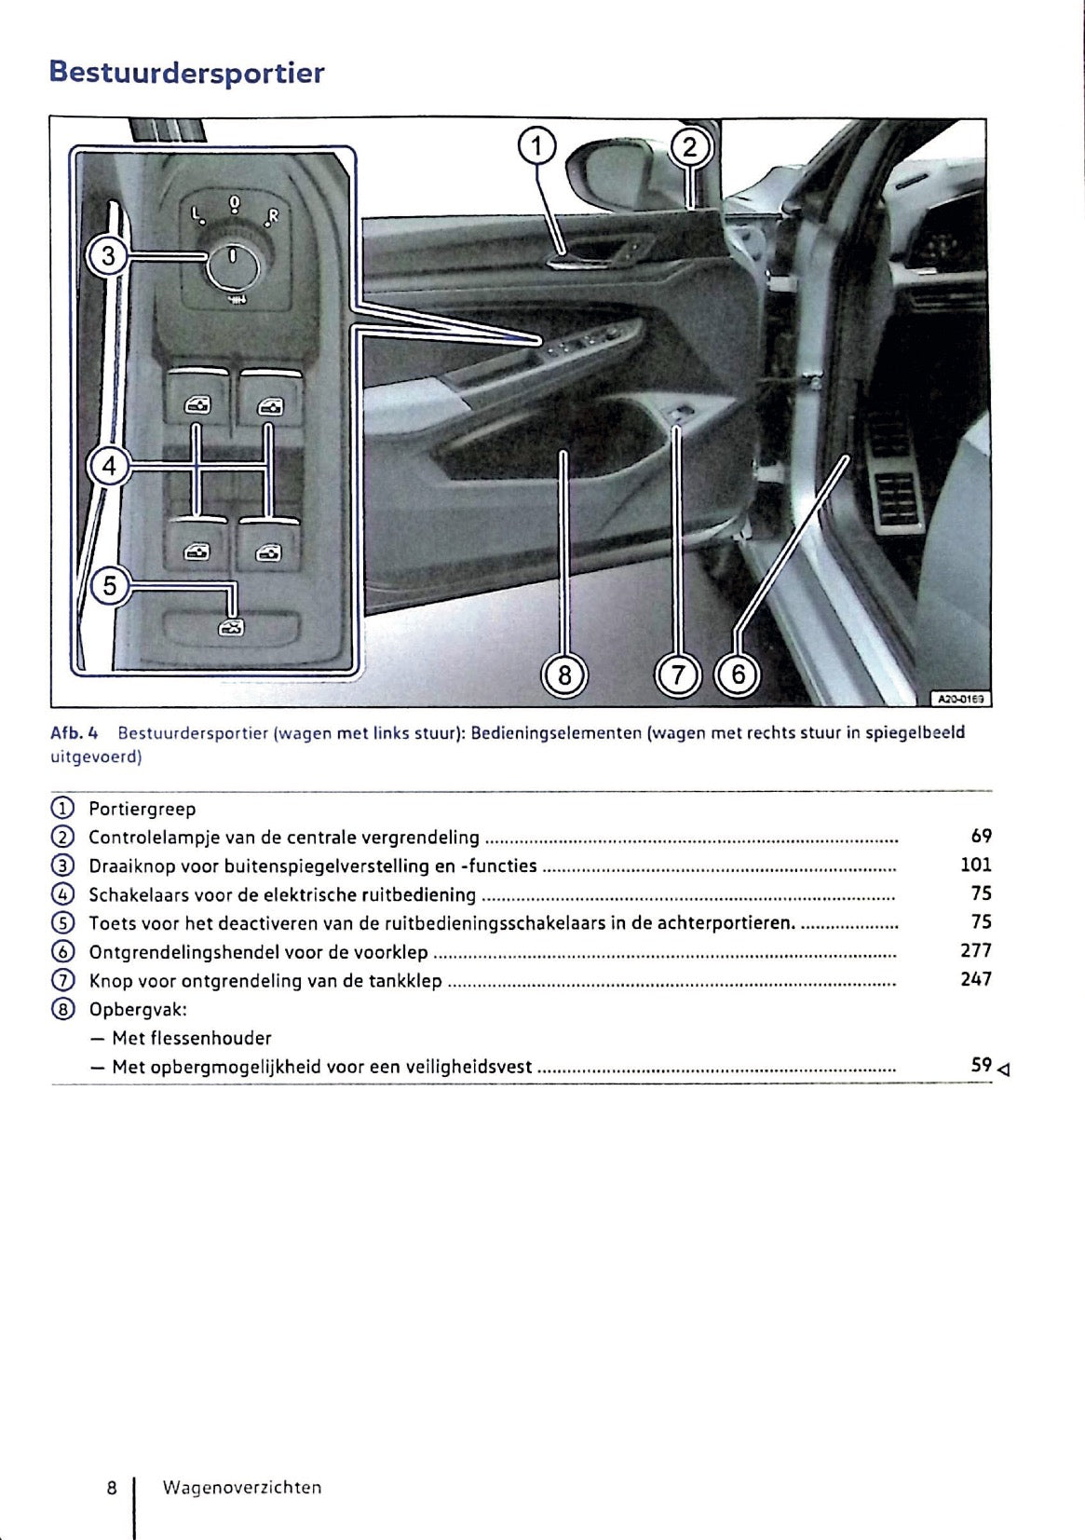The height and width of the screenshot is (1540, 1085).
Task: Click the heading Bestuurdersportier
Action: pyautogui.click(x=186, y=73)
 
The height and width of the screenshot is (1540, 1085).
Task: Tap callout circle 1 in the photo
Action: pyautogui.click(x=536, y=146)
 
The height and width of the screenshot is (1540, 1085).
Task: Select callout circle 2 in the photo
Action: pyautogui.click(x=690, y=147)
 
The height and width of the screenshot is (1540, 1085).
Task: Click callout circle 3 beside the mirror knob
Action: pyautogui.click(x=108, y=255)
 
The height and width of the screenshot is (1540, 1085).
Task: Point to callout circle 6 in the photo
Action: pyautogui.click(x=739, y=674)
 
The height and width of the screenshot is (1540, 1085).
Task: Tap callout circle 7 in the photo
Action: pyautogui.click(x=678, y=674)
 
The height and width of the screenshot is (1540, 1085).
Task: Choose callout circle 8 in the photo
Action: pyautogui.click(x=564, y=674)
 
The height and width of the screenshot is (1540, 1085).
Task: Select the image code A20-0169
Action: pyautogui.click(x=960, y=698)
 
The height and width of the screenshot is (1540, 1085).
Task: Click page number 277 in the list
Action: pyautogui.click(x=975, y=950)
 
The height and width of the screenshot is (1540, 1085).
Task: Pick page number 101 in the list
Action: pyautogui.click(x=975, y=865)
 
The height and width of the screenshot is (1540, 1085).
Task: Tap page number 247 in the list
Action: pyautogui.click(x=975, y=979)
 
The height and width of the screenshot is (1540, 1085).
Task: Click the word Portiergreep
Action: pyautogui.click(x=142, y=809)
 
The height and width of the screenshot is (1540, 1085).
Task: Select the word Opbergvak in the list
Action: pyautogui.click(x=137, y=1009)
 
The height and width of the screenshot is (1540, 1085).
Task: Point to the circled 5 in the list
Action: pyautogui.click(x=61, y=923)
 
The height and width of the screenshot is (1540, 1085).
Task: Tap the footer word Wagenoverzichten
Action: pyautogui.click(x=241, y=1488)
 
